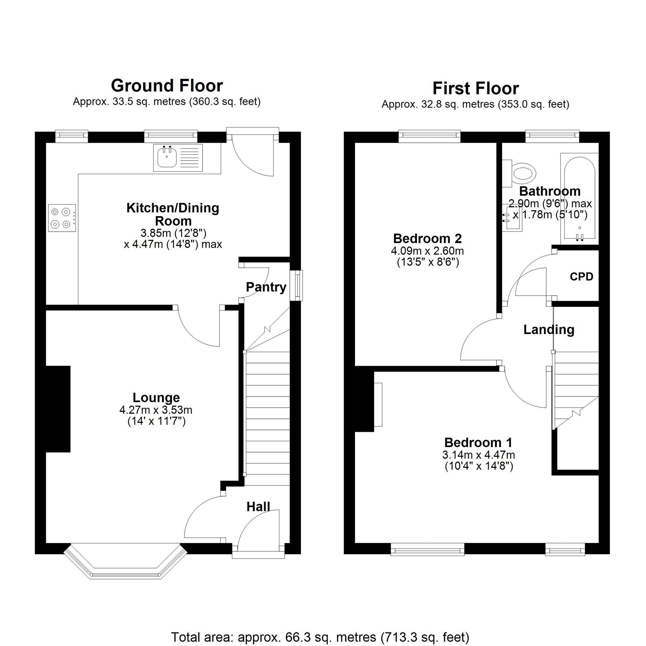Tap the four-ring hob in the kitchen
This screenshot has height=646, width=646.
point(62,218)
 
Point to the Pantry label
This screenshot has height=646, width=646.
point(266,287)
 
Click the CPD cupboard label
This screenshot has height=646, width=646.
point(581,277)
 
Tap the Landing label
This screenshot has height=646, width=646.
point(549,330)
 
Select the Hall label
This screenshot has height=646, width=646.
point(258,507)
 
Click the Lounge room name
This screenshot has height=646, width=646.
point(156,398)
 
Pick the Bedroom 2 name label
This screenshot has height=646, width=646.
point(427,238)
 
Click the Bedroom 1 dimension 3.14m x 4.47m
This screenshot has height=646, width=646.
point(478,455)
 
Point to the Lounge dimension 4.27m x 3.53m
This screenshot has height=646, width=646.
point(156,410)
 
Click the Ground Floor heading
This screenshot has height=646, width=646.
point(167,86)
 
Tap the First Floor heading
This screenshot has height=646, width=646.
point(475,89)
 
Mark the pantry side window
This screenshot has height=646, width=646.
point(296,286)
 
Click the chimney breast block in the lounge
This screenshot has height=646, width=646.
point(58,409)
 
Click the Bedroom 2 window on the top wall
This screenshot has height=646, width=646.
point(430,135)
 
